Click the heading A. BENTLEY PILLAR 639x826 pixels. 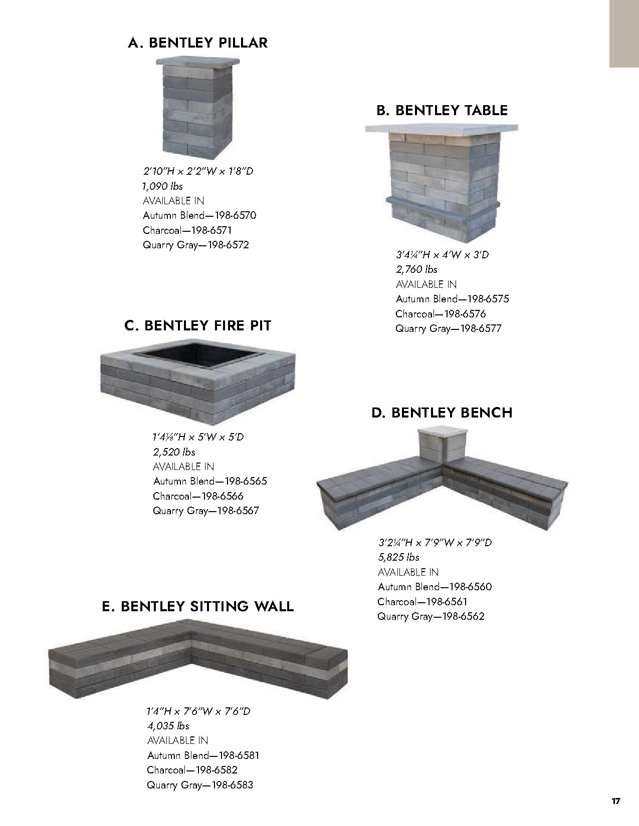197,43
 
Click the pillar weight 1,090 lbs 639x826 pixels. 162,186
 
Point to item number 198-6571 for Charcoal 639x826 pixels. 187,230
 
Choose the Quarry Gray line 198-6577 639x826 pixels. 448,329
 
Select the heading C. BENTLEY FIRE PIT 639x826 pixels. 197,326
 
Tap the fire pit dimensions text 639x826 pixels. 198,437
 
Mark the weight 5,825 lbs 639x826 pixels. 398,557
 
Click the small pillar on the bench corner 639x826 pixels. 444,445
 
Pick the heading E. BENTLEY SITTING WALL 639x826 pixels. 197,607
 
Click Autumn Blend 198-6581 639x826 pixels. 203,755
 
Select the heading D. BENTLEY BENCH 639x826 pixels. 442,412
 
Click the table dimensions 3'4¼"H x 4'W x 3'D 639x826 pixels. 442,255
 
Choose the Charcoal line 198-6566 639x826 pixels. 198,496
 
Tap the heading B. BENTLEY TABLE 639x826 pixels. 442,111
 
